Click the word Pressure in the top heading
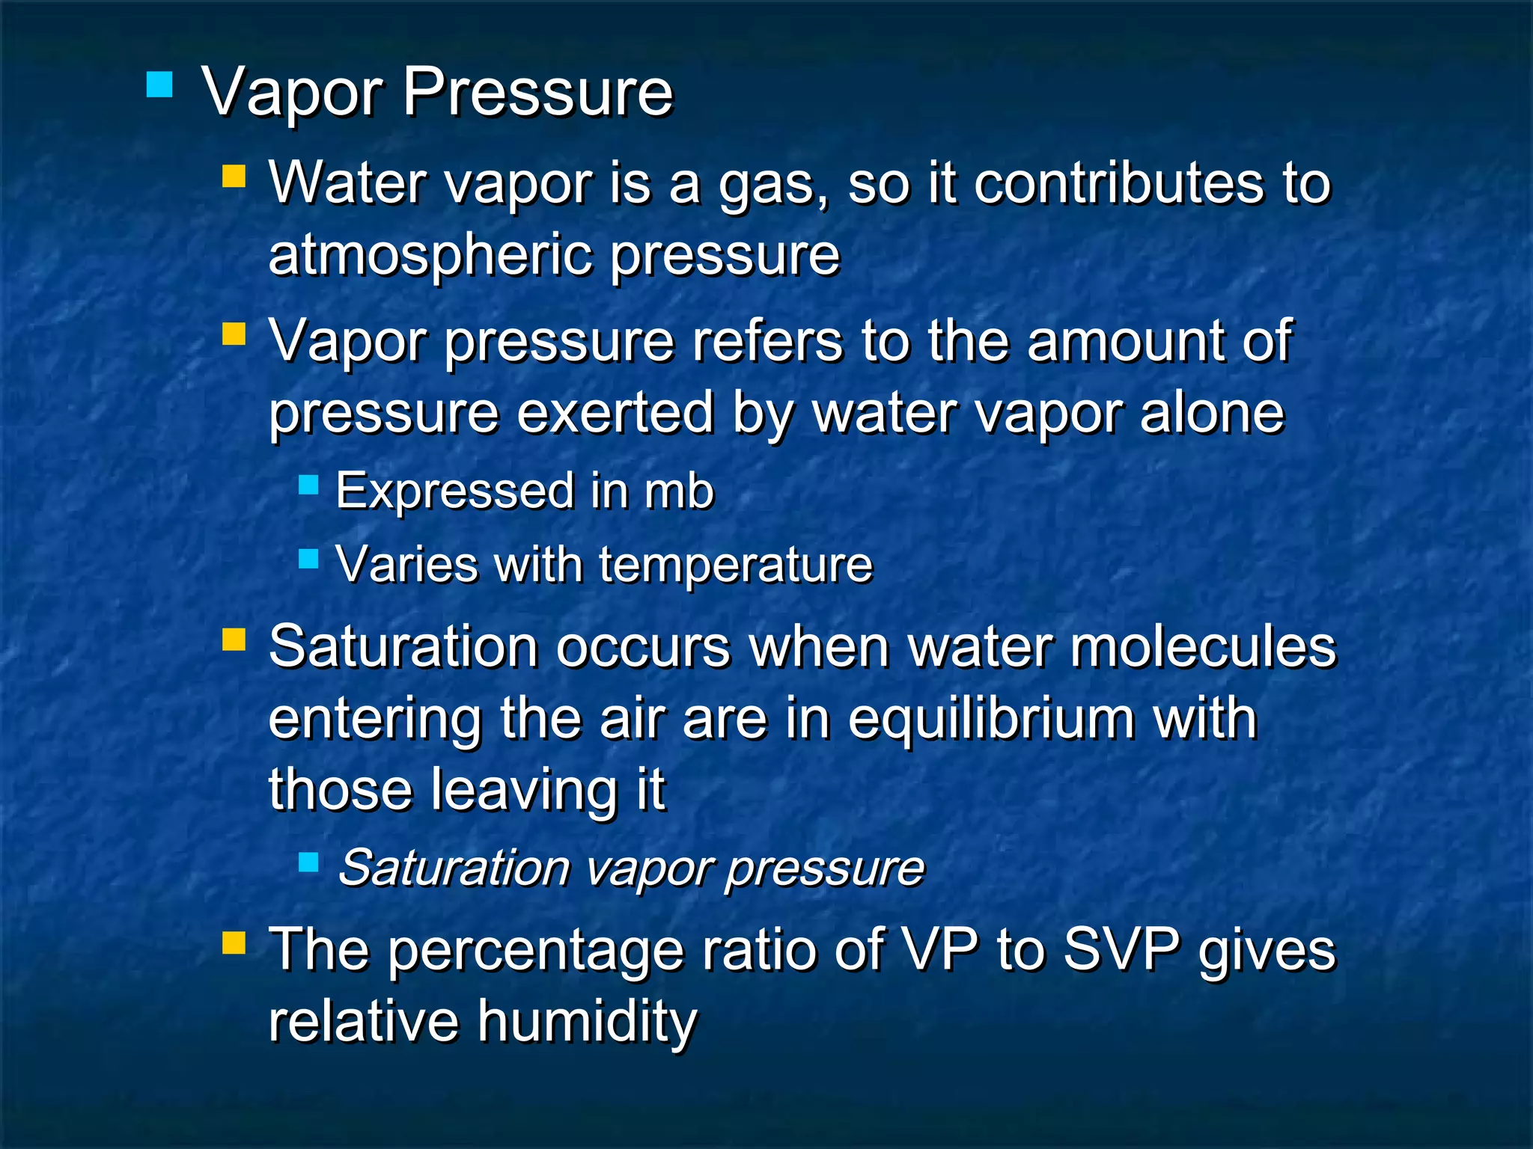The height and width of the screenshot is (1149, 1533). point(538,93)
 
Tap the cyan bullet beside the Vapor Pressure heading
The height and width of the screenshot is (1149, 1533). point(159,85)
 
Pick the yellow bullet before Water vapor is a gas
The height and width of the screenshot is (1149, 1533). point(234,177)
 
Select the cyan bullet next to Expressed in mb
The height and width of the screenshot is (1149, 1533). point(308,486)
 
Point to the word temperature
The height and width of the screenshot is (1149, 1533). point(736,565)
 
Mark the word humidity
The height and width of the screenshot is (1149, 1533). point(588,1021)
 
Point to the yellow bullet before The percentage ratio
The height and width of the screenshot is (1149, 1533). point(234,943)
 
